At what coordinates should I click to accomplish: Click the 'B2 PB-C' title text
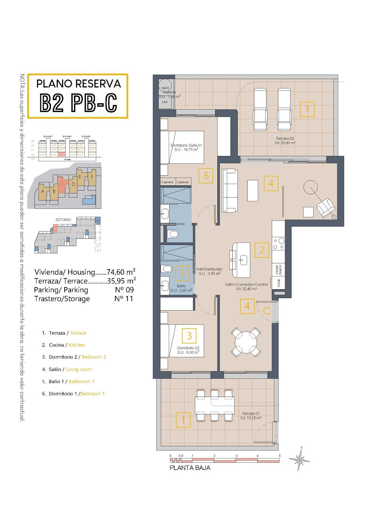78,103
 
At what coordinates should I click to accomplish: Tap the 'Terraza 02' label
285,138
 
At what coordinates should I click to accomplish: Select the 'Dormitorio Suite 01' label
186,145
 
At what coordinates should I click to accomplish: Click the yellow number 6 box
206,176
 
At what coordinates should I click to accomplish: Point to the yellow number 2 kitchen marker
262,250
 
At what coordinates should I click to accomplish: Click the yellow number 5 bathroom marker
182,273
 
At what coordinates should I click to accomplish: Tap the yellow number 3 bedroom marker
189,336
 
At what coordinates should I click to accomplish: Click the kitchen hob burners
278,243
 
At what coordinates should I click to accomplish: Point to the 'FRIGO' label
279,283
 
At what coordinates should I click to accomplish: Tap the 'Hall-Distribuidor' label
209,269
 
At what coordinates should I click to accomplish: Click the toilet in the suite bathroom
173,234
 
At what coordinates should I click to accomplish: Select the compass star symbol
300,459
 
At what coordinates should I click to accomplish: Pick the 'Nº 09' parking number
124,290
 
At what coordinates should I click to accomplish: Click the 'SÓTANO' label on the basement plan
63,220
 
